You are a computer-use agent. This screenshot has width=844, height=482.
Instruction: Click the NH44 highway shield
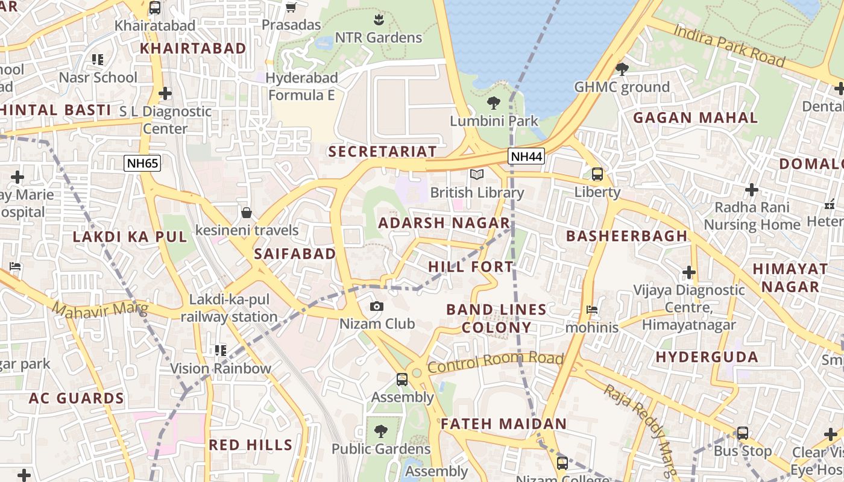(526, 157)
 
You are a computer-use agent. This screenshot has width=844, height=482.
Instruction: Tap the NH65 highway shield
(142, 163)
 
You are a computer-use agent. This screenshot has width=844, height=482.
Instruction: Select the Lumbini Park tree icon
(494, 102)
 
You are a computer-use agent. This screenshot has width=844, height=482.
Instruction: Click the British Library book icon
(477, 174)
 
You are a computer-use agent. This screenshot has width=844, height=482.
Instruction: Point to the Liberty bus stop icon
(597, 174)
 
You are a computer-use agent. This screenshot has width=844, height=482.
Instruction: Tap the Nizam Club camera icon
(377, 306)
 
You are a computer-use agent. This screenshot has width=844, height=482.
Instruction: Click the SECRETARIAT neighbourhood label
(382, 151)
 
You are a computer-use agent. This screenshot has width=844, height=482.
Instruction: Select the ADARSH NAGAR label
(444, 223)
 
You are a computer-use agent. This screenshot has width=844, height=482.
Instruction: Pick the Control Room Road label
(495, 361)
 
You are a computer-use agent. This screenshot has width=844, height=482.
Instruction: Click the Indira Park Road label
(729, 45)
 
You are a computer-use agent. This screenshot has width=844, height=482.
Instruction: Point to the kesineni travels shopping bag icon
(247, 212)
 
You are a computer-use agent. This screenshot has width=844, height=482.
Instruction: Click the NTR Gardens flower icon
(379, 19)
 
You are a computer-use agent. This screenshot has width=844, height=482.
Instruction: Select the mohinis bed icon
(592, 310)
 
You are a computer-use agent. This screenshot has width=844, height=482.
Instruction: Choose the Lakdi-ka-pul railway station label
(229, 308)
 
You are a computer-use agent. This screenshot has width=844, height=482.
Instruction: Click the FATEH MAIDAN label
(503, 424)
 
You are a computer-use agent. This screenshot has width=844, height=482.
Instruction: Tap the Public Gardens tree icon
(380, 431)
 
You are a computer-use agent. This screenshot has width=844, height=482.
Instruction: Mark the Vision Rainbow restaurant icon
(220, 350)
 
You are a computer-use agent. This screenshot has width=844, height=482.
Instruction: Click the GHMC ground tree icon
(622, 69)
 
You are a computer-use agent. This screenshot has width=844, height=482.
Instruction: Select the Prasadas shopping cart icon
(291, 7)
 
